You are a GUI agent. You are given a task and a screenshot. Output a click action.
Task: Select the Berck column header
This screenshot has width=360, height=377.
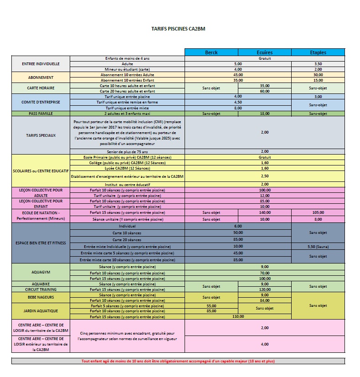(x=211, y=52)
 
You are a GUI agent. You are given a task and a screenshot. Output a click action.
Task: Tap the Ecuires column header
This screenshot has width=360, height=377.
(x=265, y=52)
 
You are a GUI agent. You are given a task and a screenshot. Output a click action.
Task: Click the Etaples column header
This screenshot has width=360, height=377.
(x=318, y=52)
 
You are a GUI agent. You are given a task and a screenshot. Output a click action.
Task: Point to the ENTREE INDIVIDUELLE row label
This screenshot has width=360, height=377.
(x=41, y=64)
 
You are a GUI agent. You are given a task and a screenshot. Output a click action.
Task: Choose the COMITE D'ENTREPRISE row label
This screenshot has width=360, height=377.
(x=41, y=102)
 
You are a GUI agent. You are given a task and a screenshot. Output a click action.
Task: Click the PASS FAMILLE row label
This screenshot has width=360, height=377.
(x=41, y=113)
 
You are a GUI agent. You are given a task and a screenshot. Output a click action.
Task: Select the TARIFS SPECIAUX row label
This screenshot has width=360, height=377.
(x=41, y=135)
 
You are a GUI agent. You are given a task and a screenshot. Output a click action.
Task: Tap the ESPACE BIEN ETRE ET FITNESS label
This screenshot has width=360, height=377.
(x=41, y=243)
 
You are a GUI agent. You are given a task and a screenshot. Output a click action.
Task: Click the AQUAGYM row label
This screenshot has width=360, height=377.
(x=41, y=272)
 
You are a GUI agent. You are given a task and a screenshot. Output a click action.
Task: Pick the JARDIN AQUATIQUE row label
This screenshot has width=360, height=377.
(x=41, y=311)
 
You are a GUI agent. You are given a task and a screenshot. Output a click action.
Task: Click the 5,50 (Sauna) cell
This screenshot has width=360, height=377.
(x=318, y=246)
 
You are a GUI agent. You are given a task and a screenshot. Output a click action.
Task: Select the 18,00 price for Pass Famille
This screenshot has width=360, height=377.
(x=265, y=113)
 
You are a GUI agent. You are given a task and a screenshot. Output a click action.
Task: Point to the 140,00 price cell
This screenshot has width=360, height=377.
(x=265, y=212)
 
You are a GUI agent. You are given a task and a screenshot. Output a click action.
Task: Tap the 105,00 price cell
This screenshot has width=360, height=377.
(x=318, y=212)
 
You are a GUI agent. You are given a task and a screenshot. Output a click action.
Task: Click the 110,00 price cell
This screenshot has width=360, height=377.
(x=238, y=316)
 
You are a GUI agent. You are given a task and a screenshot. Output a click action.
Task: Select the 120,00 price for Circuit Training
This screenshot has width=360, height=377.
(x=265, y=289)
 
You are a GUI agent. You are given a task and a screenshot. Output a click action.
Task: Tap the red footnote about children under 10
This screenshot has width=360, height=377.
(x=178, y=361)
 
